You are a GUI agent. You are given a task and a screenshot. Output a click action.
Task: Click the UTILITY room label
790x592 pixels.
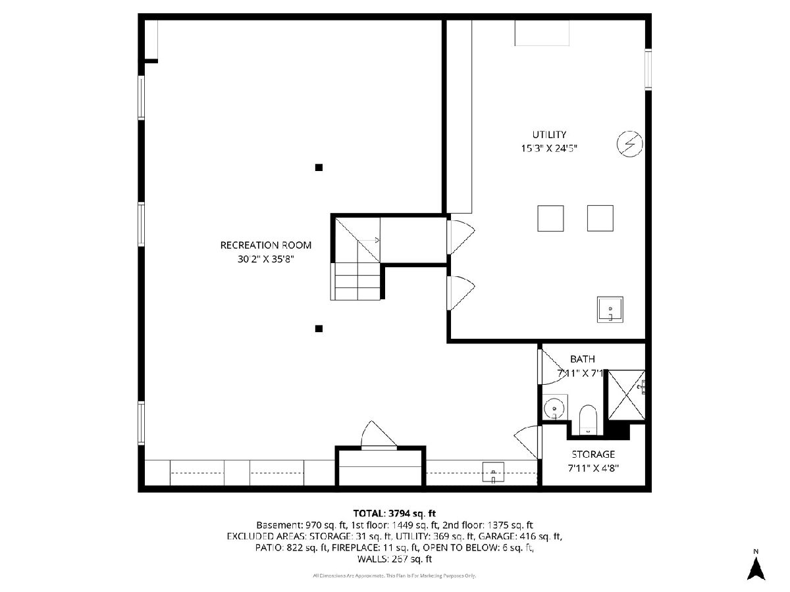[549, 135]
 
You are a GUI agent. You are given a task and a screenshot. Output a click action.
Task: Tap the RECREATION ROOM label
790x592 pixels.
[265, 245]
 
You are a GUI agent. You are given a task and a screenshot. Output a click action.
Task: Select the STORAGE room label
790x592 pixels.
[593, 455]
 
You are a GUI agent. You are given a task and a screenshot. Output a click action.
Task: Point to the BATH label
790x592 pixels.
[583, 359]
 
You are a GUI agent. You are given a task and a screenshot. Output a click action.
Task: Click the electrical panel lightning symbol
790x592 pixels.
[630, 144]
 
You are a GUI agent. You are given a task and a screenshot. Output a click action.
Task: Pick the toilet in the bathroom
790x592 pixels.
[588, 420]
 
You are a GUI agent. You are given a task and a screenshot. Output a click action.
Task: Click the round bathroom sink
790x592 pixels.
[554, 408]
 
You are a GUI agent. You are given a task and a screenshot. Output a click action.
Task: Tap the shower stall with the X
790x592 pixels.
[626, 395]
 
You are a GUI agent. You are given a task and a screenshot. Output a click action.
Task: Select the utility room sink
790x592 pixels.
[610, 309]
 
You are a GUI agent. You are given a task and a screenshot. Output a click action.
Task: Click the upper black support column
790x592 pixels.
[319, 167]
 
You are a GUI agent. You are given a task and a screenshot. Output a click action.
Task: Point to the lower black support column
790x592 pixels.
[319, 328]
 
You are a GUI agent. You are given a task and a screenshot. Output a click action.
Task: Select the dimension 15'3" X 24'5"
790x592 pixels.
[549, 149]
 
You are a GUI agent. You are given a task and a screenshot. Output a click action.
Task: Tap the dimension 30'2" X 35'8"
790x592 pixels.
[265, 259]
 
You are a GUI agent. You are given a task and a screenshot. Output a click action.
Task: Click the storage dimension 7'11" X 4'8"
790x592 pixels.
[593, 468]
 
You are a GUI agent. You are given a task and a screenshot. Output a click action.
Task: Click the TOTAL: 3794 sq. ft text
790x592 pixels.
[394, 513]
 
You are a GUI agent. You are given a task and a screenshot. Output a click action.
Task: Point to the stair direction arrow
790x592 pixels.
[369, 240]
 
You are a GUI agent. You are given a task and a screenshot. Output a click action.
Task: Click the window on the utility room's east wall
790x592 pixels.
[648, 69]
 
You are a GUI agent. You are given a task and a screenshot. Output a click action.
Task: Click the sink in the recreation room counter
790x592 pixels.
[493, 472]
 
